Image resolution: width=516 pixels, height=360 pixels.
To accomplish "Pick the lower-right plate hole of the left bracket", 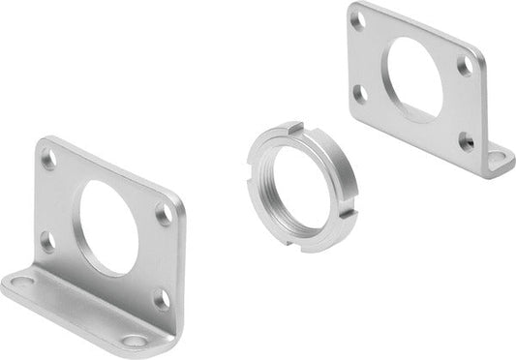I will (x=161, y=298).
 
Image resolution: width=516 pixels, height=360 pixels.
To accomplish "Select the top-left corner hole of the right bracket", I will (x=359, y=19).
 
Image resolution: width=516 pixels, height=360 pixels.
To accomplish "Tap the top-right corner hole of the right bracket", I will (x=466, y=66).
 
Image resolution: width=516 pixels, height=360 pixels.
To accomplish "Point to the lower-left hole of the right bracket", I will (x=360, y=93).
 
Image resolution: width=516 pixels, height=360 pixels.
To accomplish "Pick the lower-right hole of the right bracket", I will (x=466, y=141).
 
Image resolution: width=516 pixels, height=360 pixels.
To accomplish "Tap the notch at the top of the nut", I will (x=296, y=126).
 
